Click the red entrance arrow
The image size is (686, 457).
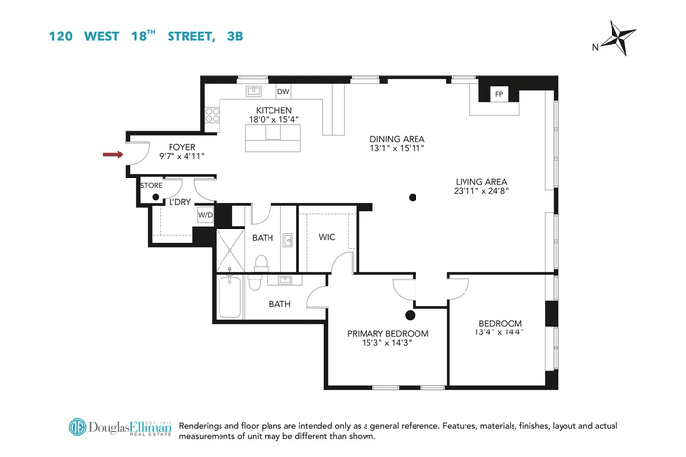point(114,155)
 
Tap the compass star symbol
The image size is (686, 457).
point(618,38)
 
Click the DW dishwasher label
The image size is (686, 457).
point(283,92)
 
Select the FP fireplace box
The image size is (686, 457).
point(499,94)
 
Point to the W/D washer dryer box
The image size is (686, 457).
point(205,215)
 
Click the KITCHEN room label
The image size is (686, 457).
point(273,110)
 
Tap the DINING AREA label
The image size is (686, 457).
point(397,139)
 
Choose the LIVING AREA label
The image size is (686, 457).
point(481,182)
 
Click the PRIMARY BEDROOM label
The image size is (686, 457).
point(388,334)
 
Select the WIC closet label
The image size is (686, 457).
point(327,237)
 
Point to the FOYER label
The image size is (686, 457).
point(182,147)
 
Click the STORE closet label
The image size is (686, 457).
point(151,186)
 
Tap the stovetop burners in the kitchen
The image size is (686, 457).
point(213,115)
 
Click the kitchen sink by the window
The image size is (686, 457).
point(253,91)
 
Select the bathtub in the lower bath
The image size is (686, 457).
point(229,296)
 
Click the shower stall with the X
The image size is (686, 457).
point(230,250)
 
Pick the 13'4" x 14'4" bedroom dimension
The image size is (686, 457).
point(499,332)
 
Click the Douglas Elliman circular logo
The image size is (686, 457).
point(77,428)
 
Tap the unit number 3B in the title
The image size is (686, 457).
point(235,36)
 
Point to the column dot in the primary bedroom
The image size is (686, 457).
point(410,315)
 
